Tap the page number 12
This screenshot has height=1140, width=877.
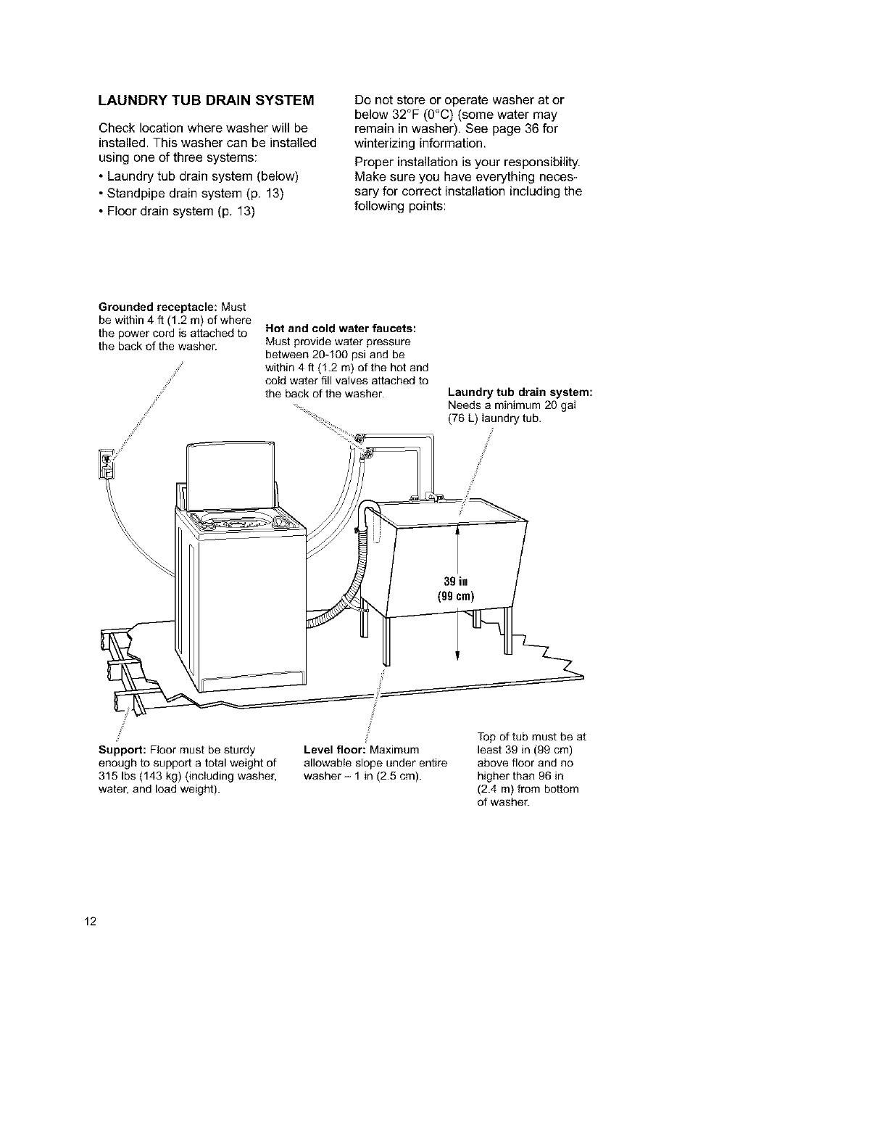coord(90,922)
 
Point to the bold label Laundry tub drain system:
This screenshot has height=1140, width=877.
coord(520,392)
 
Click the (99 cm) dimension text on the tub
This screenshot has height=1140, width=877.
coord(455,597)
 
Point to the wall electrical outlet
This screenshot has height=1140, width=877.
coord(106,464)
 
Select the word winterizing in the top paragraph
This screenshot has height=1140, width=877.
coord(388,143)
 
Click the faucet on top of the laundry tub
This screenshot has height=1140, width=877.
coord(428,497)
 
